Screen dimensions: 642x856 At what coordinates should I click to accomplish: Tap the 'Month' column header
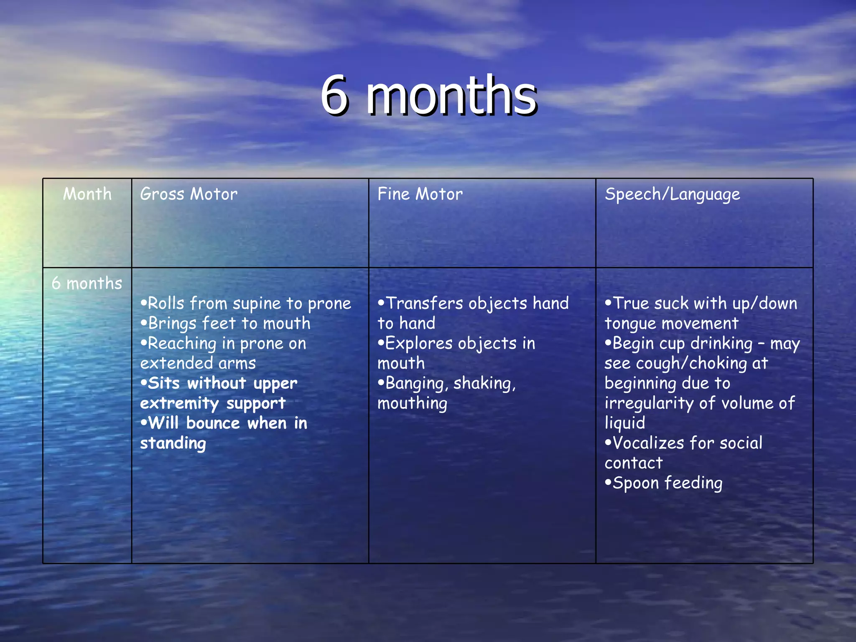click(x=87, y=194)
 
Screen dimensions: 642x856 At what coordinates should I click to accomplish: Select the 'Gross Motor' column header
click(x=189, y=194)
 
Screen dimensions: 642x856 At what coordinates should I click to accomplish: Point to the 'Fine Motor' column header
click(x=420, y=194)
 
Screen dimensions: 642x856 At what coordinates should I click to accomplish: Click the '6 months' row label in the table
click(x=87, y=283)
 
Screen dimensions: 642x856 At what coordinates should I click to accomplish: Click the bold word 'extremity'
click(x=179, y=403)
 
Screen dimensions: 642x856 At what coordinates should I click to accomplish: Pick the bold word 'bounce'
click(x=213, y=423)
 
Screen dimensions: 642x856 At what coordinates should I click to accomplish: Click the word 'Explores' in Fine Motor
click(x=419, y=344)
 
